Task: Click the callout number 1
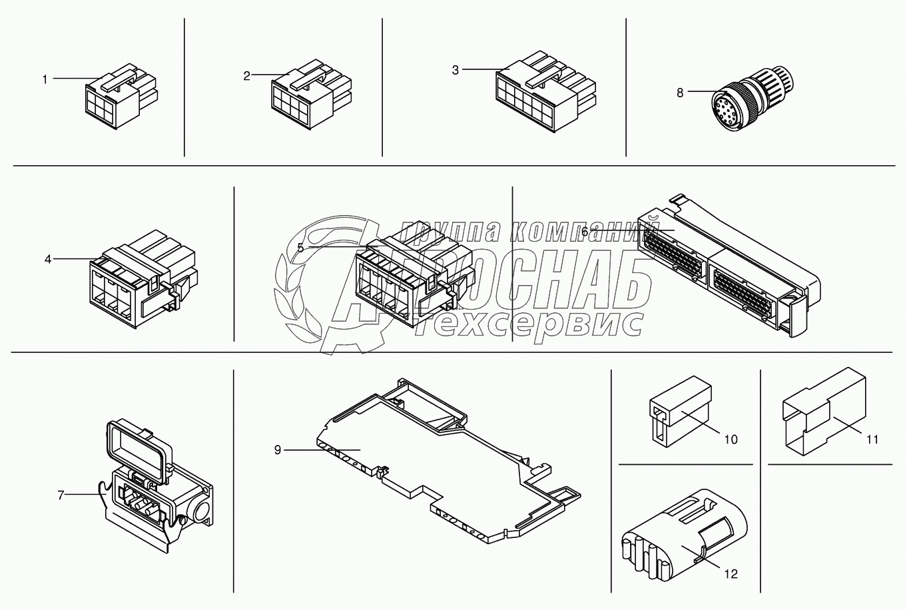45,80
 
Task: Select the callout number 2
246,76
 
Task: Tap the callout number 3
455,71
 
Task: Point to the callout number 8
680,93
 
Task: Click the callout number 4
48,259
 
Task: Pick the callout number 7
61,495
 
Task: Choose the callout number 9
278,450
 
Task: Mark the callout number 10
731,440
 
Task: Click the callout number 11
872,440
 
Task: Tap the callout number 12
731,574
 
